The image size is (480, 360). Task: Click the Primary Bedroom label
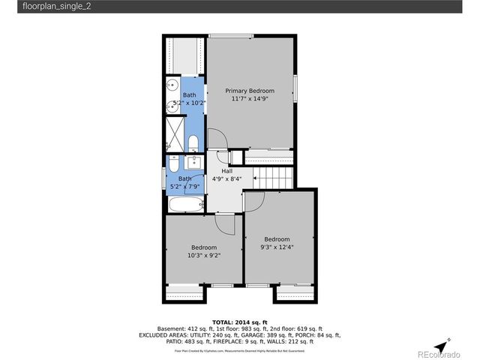click(x=250, y=90)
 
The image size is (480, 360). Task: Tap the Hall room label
click(x=226, y=171)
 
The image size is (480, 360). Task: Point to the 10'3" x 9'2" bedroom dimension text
click(x=203, y=255)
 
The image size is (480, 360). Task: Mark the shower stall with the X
click(x=173, y=132)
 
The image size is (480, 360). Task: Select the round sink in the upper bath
click(x=172, y=85)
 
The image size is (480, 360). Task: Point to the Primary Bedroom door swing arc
click(x=216, y=139)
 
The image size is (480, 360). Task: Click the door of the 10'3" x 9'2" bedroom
click(x=225, y=222)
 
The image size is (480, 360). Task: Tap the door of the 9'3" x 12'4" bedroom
click(x=253, y=202)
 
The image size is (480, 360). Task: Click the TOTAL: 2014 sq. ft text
click(x=239, y=320)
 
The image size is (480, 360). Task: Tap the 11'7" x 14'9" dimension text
click(x=250, y=98)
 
